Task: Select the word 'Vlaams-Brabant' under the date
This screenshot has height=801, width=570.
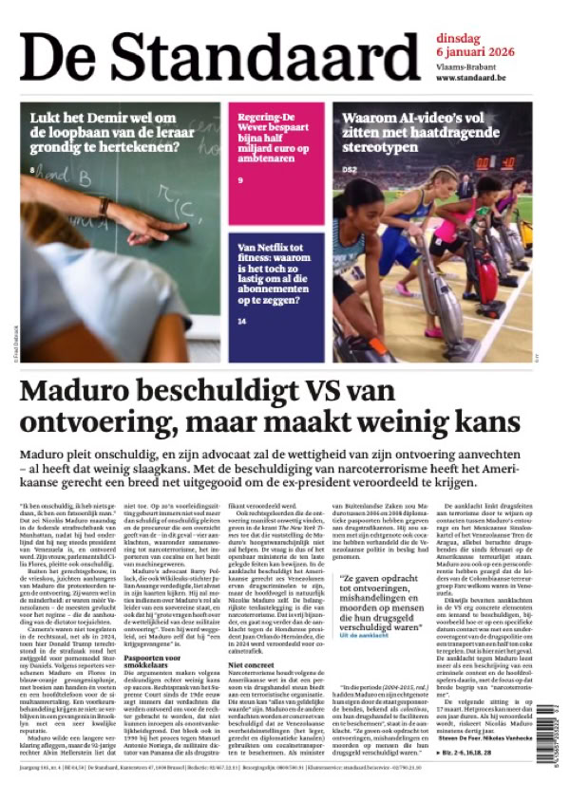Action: pyautogui.click(x=465, y=66)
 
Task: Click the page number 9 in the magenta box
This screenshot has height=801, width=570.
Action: pyautogui.click(x=241, y=180)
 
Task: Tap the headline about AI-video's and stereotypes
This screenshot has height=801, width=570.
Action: pyautogui.click(x=427, y=133)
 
